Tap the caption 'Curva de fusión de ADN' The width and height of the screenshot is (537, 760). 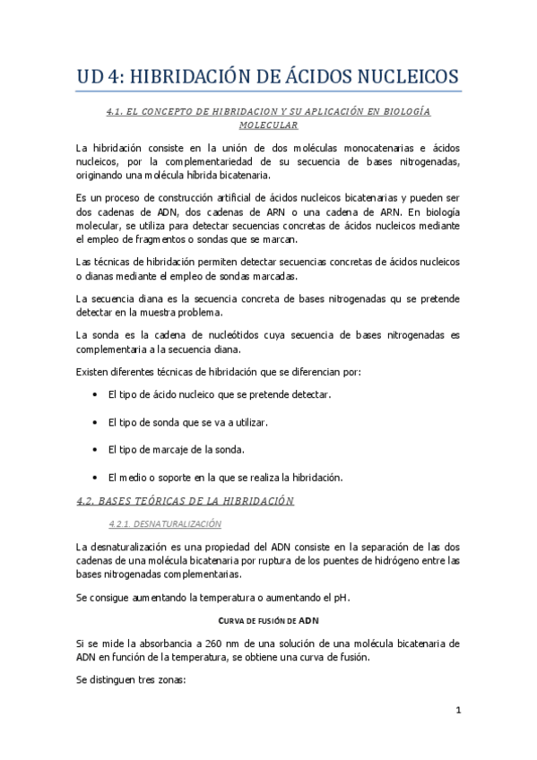tap(268, 620)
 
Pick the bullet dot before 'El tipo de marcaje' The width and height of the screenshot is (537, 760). tap(96, 449)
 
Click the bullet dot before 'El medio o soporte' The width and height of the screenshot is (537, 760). tap(96, 477)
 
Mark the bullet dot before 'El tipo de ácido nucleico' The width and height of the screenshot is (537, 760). tap(96, 394)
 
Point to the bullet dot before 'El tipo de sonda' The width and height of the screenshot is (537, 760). tap(96, 422)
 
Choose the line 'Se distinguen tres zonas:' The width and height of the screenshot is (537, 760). tap(130, 681)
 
